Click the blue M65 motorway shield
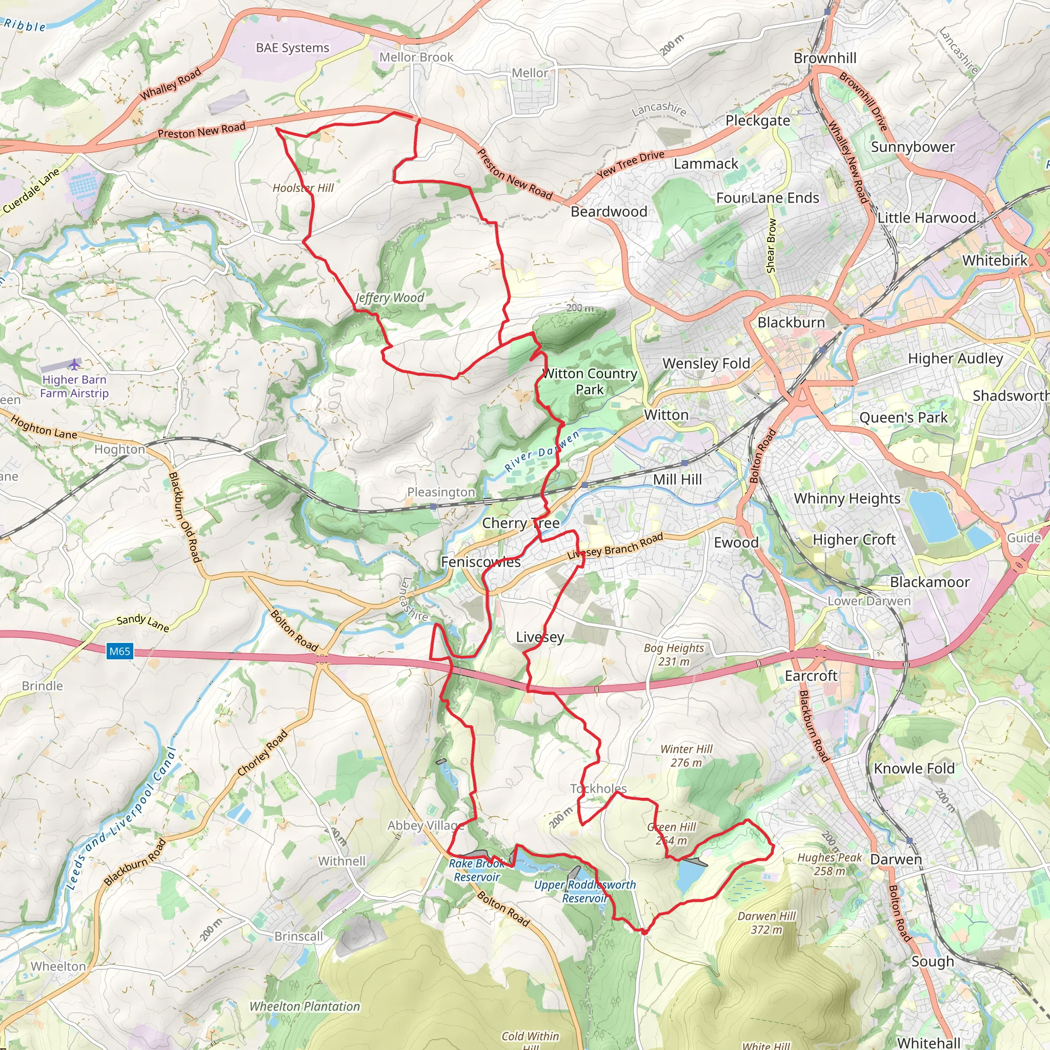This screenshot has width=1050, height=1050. pos(119,651)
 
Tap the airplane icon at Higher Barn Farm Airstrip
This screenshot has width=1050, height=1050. pos(74,364)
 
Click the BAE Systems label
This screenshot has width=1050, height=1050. pos(292,48)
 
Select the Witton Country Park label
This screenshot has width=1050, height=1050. pos(590,381)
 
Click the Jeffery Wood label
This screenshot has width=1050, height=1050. pos(389,298)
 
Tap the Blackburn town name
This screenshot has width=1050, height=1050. pos(791,322)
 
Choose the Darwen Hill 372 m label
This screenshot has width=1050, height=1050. pos(766,923)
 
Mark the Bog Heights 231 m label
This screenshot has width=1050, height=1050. pos(673,654)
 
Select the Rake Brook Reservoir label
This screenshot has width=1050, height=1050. pos(477,870)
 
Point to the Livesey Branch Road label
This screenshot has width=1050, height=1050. pos(615,546)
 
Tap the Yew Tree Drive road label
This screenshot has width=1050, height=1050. pos(630,164)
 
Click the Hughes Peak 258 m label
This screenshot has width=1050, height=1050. pos(829,864)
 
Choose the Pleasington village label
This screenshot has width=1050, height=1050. pos(441,492)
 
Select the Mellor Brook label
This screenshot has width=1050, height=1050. pos(416,57)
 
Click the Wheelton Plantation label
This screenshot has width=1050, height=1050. pos(305,1006)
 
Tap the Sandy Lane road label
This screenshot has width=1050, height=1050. pos(143,623)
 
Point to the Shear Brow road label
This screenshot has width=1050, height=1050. pos(771,246)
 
